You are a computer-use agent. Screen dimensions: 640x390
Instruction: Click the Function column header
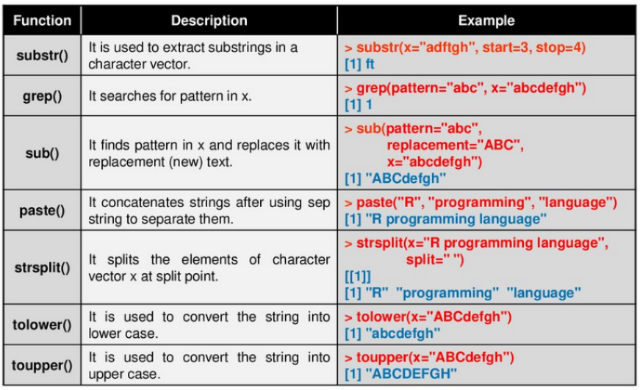point(42,21)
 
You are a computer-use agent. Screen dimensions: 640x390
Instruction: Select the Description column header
point(209,21)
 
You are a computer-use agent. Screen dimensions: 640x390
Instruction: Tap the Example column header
point(486,21)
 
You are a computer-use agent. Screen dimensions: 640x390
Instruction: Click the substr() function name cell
point(42,56)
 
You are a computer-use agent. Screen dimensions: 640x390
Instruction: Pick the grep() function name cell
point(42,96)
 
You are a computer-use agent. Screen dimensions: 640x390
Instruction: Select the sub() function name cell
point(42,154)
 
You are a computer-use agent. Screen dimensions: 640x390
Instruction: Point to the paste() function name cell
point(42,211)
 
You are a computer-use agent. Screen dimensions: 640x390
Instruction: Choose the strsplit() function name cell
point(42,267)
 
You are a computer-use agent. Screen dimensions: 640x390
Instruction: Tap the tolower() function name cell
point(42,325)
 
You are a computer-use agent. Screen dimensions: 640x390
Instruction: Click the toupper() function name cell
point(42,366)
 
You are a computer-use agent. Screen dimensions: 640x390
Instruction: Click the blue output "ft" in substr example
point(370,64)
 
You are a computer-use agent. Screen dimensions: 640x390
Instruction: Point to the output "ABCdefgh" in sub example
point(406,178)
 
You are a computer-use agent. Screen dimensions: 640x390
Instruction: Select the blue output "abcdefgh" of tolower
point(403,333)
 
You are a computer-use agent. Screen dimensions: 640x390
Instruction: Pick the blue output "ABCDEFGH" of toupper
point(411,373)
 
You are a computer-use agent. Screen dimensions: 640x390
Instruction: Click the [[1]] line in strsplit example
point(358,277)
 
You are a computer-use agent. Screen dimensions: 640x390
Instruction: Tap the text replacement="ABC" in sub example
point(455,145)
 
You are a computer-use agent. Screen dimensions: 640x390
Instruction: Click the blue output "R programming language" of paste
point(456,219)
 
